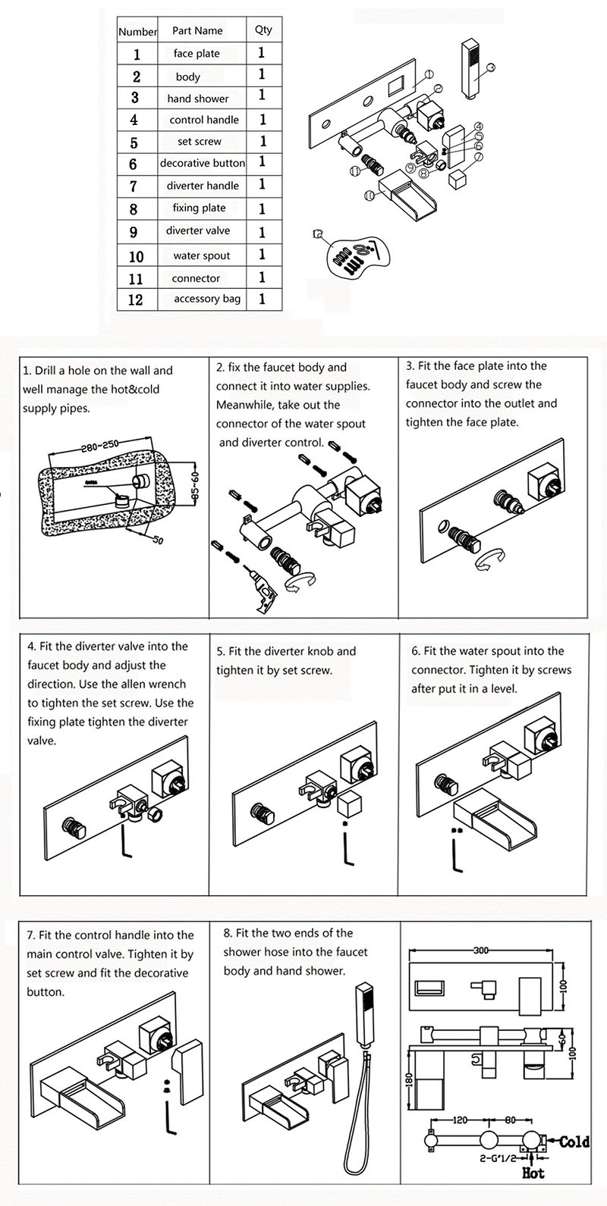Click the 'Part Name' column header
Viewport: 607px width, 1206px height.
(x=197, y=30)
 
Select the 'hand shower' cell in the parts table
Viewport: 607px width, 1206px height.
(x=198, y=99)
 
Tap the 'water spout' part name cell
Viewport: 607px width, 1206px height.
(x=202, y=255)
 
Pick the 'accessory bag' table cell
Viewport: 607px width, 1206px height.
(x=207, y=299)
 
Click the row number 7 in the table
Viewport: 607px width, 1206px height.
(x=134, y=186)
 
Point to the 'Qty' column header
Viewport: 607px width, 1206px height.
(x=263, y=30)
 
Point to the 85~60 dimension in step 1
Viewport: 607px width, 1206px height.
(x=197, y=485)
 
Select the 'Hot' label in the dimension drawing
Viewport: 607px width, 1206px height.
(x=533, y=1173)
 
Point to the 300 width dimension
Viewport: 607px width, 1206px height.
(x=481, y=951)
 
